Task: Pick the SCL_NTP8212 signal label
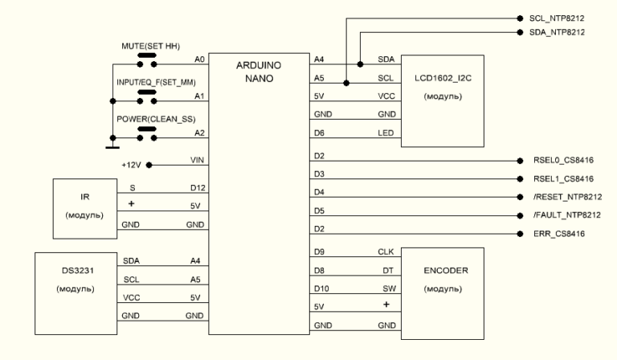click(x=556, y=17)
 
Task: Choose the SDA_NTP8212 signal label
click(x=556, y=32)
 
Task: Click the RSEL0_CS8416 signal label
click(x=562, y=161)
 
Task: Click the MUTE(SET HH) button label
click(x=149, y=46)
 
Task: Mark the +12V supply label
click(x=129, y=166)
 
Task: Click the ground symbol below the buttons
click(x=112, y=146)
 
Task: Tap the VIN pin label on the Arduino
click(x=196, y=161)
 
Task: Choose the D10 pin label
click(x=320, y=288)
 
